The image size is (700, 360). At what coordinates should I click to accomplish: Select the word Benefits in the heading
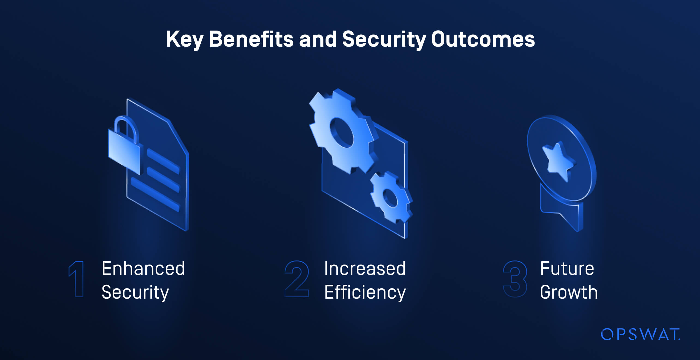click(x=251, y=39)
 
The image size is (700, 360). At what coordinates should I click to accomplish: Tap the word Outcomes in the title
click(x=483, y=39)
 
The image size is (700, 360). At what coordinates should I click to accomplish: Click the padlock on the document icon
click(x=124, y=150)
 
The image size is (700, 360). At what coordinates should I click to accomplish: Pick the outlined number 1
click(x=77, y=279)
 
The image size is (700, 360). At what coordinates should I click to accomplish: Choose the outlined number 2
click(x=297, y=279)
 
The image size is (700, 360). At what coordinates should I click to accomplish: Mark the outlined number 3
click(x=515, y=279)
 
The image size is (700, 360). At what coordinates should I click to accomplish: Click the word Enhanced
click(x=143, y=269)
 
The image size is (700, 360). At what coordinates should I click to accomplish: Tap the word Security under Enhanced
click(x=135, y=293)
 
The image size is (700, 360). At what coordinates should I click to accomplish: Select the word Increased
click(x=365, y=269)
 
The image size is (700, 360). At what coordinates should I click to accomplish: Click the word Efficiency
click(x=365, y=293)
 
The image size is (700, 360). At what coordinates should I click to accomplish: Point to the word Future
click(x=567, y=269)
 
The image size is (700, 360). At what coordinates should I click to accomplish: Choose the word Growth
click(x=569, y=292)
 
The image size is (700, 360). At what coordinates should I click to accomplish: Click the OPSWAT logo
click(x=640, y=334)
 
